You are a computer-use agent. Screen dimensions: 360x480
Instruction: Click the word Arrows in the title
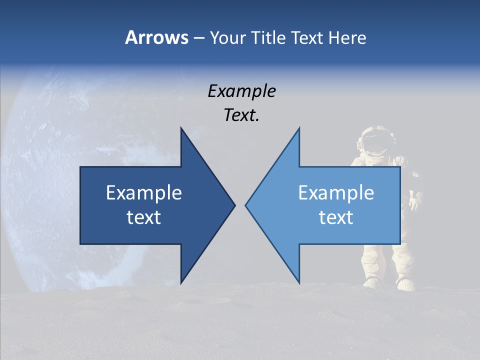click(x=156, y=37)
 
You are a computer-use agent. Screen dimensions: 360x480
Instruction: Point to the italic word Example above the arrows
click(x=241, y=91)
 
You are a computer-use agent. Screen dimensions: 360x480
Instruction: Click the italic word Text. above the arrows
click(x=241, y=115)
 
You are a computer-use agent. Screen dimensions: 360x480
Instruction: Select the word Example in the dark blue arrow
click(x=144, y=192)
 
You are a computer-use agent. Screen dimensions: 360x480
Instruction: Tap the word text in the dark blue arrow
click(x=144, y=217)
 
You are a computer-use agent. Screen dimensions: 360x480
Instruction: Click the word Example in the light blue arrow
click(x=336, y=192)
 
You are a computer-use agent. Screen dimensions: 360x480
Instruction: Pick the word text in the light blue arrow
click(x=336, y=217)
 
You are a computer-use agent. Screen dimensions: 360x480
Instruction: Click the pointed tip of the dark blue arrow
click(x=234, y=205)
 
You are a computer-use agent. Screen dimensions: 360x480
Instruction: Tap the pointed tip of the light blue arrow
click(x=246, y=205)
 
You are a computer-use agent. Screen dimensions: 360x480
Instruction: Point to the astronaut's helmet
click(x=376, y=140)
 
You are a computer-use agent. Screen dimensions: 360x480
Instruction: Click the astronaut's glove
click(x=414, y=202)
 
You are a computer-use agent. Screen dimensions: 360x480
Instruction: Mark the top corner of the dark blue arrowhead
click(x=181, y=128)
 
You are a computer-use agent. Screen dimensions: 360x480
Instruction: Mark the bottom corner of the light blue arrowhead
click(x=299, y=282)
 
